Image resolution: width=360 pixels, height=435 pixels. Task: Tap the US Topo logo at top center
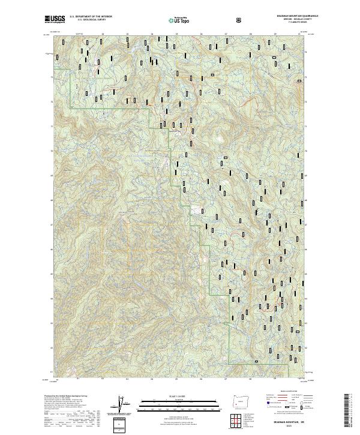point(179,20)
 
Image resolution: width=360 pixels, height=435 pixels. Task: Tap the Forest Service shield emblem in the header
point(240,20)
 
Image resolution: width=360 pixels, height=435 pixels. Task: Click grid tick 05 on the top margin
point(176,34)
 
